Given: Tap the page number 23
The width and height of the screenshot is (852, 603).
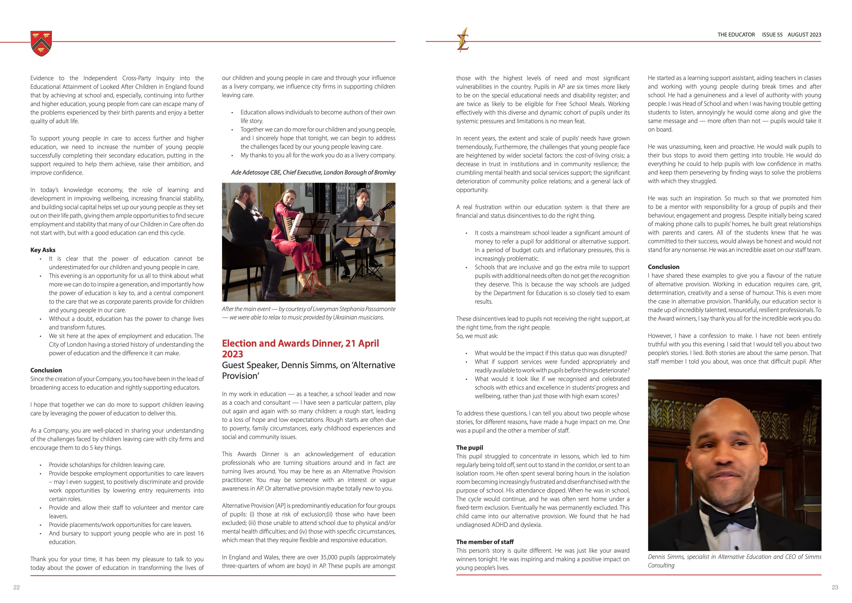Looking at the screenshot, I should coord(835,587).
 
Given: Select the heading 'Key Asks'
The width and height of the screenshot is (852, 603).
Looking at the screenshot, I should coord(43,250).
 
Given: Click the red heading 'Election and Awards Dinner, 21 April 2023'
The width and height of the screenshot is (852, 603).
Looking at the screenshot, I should coord(300,348).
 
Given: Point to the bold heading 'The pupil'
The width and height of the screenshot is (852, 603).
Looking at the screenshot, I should coord(469,447).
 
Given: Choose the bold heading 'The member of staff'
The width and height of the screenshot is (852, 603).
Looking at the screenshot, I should coord(485,542).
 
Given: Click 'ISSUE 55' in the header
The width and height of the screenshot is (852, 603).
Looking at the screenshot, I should coord(772,35).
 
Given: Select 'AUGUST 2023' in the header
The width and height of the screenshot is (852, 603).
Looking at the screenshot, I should coord(804,35).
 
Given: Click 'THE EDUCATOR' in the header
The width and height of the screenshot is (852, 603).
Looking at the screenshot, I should coord(736,35).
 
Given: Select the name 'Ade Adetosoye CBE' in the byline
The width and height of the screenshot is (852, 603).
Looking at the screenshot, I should coord(256,172).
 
